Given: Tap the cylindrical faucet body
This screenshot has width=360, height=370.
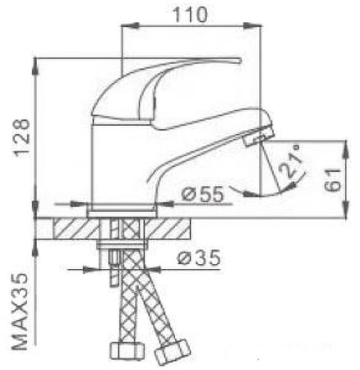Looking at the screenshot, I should pos(115,164).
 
